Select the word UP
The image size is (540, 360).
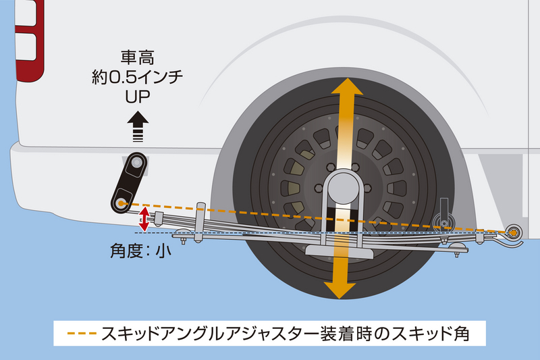[x=137, y=95]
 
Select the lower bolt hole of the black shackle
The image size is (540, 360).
[x=122, y=201]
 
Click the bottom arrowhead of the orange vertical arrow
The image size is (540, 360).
[x=340, y=288]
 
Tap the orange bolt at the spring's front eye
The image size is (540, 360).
[x=514, y=232]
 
